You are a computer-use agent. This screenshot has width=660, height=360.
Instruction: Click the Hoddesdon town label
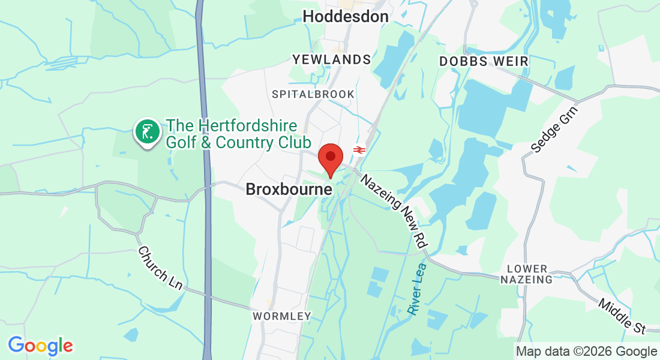click(x=346, y=17)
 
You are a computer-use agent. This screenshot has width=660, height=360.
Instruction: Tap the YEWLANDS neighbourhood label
click(x=332, y=59)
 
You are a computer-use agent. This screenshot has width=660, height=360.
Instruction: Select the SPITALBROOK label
click(x=313, y=94)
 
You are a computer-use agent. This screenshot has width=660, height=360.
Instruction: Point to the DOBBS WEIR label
click(x=484, y=61)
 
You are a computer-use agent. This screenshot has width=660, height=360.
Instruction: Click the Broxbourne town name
click(x=289, y=190)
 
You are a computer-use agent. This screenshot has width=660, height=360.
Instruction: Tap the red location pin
click(x=330, y=158)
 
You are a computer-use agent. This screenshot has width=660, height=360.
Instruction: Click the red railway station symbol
click(x=359, y=149)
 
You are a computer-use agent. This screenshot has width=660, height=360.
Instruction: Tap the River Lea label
click(x=416, y=289)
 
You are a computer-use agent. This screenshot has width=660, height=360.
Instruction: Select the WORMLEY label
click(x=282, y=316)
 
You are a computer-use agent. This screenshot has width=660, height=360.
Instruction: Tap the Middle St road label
click(x=622, y=316)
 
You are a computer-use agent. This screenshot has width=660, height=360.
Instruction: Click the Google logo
click(x=40, y=346)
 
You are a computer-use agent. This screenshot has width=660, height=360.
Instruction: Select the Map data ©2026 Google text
click(x=587, y=352)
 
